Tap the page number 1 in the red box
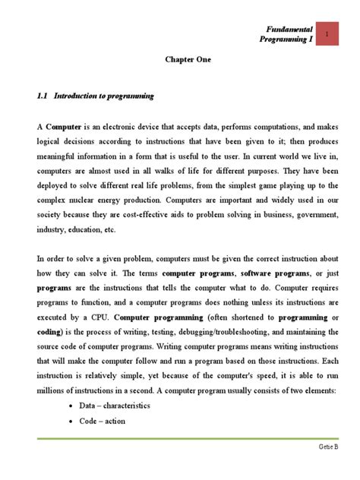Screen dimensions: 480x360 [x=326, y=35]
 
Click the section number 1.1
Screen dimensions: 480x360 [x=43, y=96]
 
